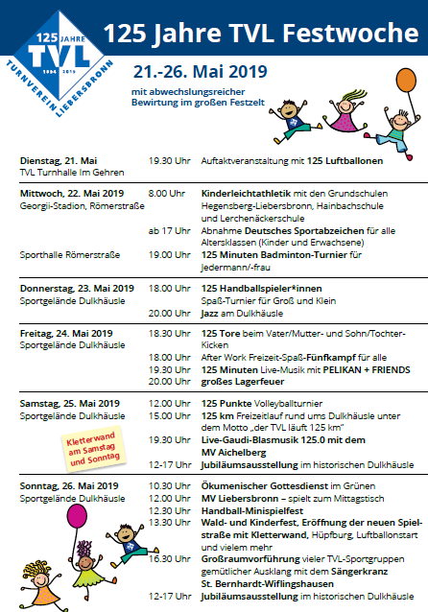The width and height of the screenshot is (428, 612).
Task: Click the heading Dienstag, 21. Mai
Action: coord(59,159)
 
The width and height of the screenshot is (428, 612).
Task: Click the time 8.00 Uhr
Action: coord(166,193)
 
